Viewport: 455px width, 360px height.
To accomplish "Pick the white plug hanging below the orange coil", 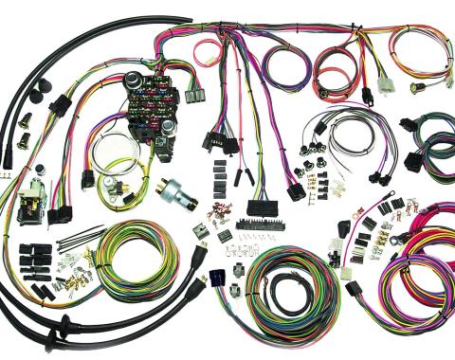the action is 387,86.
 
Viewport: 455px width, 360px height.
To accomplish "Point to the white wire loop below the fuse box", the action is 117,149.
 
